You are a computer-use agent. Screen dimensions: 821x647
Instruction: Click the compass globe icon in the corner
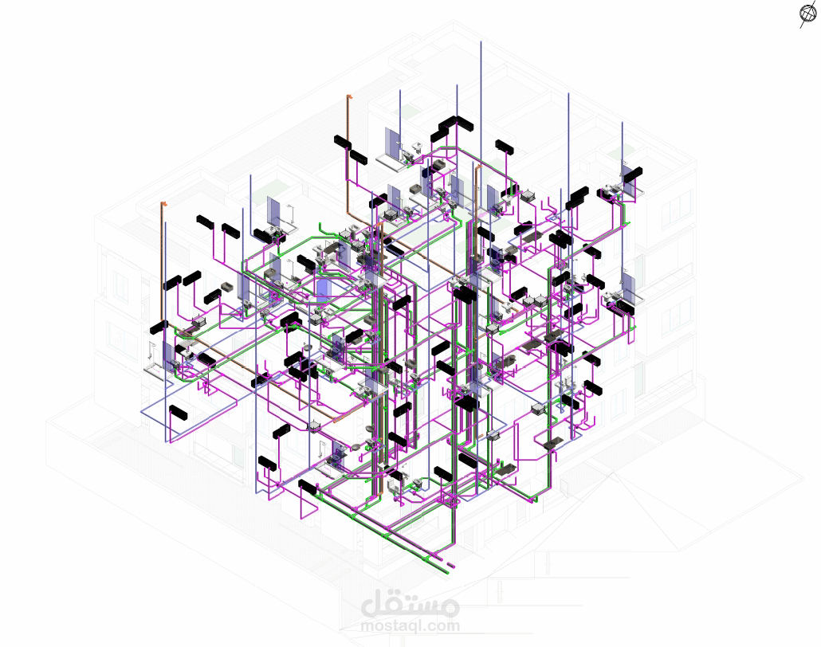pos(807,14)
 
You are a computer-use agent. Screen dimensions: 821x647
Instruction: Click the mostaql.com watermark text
pos(410,625)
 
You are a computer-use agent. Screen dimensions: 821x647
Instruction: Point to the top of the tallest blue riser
pos(481,42)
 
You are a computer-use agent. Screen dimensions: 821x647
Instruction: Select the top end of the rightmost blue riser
pos(622,123)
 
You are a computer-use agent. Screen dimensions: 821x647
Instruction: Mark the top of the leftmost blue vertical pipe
pos(166,223)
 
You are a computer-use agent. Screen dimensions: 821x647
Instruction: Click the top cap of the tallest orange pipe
pos(348,96)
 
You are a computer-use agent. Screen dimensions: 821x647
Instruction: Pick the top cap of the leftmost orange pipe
pos(163,204)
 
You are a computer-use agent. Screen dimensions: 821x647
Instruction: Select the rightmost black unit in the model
pos(633,174)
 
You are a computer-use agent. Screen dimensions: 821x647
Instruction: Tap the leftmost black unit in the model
pos(159,327)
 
